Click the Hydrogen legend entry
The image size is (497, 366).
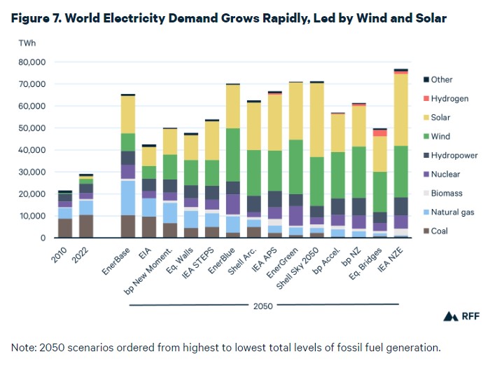click(449, 99)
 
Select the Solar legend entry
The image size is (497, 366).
click(442, 118)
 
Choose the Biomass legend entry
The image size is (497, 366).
click(447, 193)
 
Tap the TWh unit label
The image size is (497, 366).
click(27, 43)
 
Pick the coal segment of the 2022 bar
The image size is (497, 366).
click(86, 226)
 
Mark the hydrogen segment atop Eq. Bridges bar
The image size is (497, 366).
click(379, 133)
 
